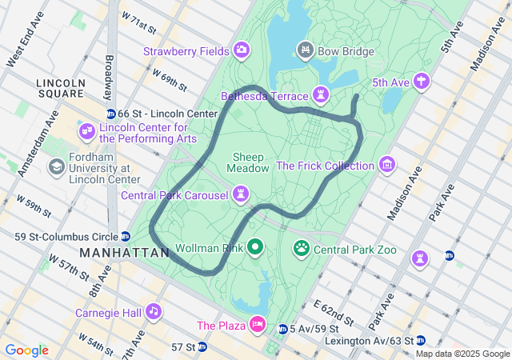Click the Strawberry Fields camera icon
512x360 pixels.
click(x=241, y=52)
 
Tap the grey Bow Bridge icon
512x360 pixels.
click(x=305, y=52)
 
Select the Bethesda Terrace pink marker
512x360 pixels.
click(x=321, y=96)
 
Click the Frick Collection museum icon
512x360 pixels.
click(x=387, y=166)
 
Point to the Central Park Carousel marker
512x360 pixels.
click(x=240, y=194)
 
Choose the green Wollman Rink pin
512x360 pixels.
click(x=255, y=248)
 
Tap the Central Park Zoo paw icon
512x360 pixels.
click(x=302, y=249)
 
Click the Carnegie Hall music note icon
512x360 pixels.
click(x=153, y=311)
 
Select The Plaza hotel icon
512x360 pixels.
click(x=258, y=325)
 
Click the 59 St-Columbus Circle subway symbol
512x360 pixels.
click(x=126, y=236)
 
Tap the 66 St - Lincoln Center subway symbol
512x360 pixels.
click(x=111, y=114)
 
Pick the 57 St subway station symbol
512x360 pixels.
click(x=202, y=346)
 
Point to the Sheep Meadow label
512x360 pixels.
click(x=249, y=162)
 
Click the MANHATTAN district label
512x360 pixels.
click(x=126, y=252)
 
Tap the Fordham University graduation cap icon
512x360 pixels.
click(x=57, y=166)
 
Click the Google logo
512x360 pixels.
click(x=26, y=350)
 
